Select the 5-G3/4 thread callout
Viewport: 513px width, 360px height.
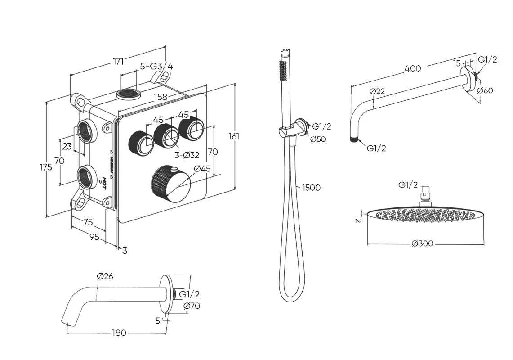pyautogui.click(x=156, y=66)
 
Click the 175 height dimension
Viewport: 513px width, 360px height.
pyautogui.click(x=45, y=166)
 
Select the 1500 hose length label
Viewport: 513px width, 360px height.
pyautogui.click(x=311, y=187)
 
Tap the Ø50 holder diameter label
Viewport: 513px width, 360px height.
pyautogui.click(x=318, y=139)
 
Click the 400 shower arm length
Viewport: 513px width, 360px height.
pyautogui.click(x=412, y=68)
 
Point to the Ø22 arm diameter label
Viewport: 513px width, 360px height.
pyautogui.click(x=377, y=91)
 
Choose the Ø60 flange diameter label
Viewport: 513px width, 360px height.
pyautogui.click(x=485, y=90)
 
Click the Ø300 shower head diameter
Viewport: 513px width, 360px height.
pyautogui.click(x=422, y=243)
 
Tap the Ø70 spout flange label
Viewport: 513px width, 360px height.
pyautogui.click(x=192, y=306)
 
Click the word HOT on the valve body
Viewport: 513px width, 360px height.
pyautogui.click(x=103, y=183)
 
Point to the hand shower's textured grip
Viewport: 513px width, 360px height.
pyautogui.click(x=284, y=72)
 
